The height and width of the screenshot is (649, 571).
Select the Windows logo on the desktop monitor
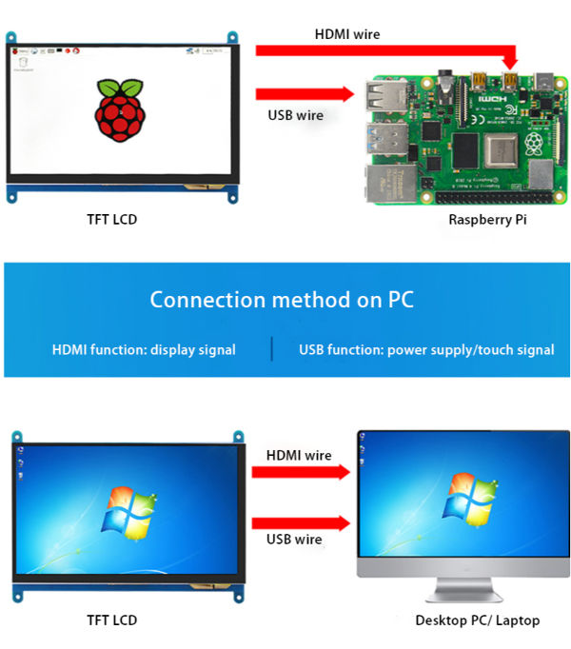click(x=473, y=496)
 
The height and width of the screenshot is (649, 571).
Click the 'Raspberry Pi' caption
click(x=487, y=220)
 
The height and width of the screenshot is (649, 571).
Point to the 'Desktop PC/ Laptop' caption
click(x=477, y=620)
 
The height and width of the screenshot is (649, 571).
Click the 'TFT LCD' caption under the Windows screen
click(x=111, y=620)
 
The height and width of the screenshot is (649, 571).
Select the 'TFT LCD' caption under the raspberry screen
click(x=111, y=220)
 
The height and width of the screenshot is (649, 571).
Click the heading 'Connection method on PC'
click(x=282, y=300)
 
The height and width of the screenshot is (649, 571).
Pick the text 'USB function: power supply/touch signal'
click(x=426, y=349)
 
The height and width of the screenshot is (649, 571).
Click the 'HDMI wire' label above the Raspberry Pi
click(x=347, y=34)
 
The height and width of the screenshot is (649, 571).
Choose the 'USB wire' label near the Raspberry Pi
click(x=296, y=115)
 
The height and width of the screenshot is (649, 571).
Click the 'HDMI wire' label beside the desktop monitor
click(x=299, y=455)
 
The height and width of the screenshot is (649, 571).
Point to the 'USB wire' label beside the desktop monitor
click(x=294, y=540)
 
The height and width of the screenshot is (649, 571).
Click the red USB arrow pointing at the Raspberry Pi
click(x=305, y=94)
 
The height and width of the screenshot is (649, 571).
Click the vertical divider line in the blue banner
click(x=272, y=349)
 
